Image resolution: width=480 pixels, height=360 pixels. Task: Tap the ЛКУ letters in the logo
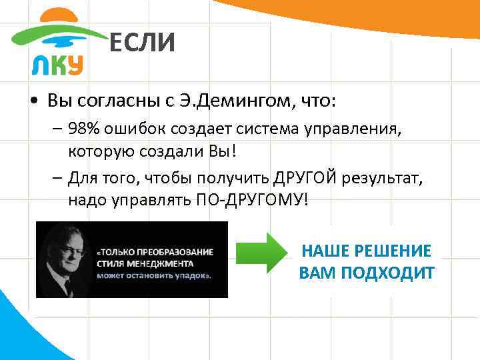(x=57, y=65)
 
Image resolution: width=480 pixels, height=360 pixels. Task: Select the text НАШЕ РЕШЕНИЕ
(x=367, y=251)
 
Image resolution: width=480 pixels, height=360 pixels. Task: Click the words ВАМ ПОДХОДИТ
(x=367, y=273)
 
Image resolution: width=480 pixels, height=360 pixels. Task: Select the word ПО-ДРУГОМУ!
(x=268, y=199)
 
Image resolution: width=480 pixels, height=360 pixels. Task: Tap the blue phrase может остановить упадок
(x=153, y=275)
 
